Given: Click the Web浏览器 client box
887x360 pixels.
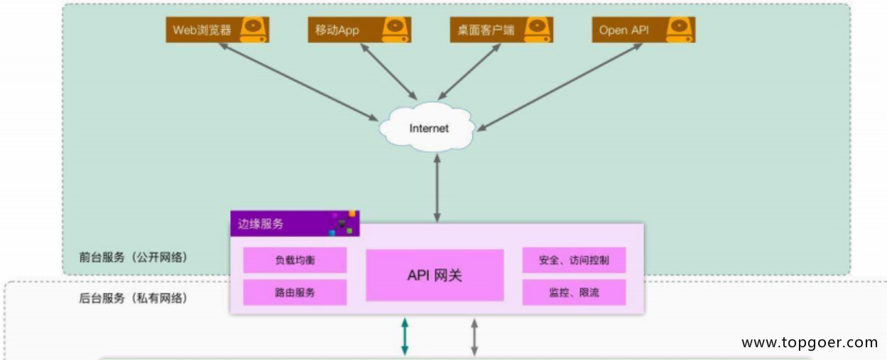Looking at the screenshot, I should click(x=217, y=30).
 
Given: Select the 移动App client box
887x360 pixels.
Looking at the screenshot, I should click(x=359, y=30).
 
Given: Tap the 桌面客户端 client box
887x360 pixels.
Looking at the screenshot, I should click(x=501, y=30).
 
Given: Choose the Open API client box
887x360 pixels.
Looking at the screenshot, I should click(x=643, y=30).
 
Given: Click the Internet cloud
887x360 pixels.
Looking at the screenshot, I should click(x=429, y=129).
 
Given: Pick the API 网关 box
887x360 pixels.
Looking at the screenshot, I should click(x=435, y=275).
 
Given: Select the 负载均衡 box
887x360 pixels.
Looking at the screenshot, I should click(x=295, y=260).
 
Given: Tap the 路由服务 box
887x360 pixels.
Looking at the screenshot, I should click(x=295, y=292).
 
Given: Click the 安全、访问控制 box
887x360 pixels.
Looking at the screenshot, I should click(x=574, y=260).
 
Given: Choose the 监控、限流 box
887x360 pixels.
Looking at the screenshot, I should click(x=574, y=292).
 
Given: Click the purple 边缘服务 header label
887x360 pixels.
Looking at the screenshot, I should click(x=261, y=224).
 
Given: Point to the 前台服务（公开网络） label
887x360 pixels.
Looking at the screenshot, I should click(x=134, y=256).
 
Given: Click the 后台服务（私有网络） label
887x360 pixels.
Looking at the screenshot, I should click(x=134, y=298).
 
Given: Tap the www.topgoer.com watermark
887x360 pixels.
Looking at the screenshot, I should click(x=810, y=343).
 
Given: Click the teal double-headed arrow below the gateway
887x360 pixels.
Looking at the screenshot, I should click(x=405, y=336).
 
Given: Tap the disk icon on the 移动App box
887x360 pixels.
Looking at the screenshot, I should click(x=394, y=29).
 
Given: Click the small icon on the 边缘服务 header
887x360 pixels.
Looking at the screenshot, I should click(x=342, y=223).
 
